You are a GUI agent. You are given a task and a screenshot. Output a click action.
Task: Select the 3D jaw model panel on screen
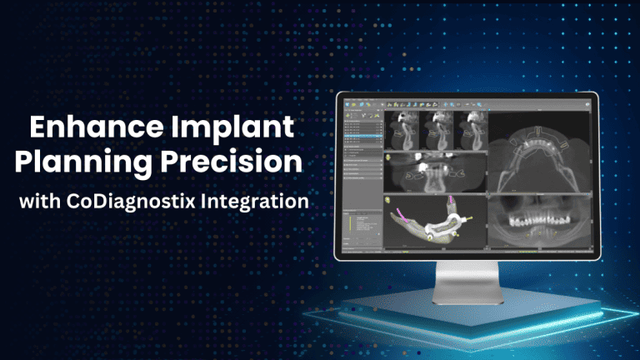point(434,222)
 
